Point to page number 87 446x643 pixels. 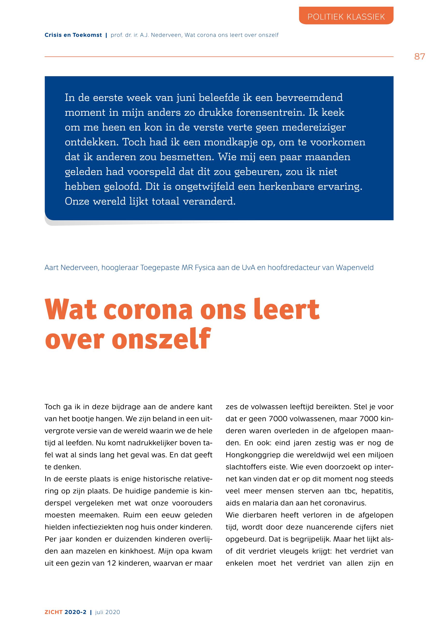click(x=419, y=57)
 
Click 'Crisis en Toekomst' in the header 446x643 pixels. click(x=73, y=35)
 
